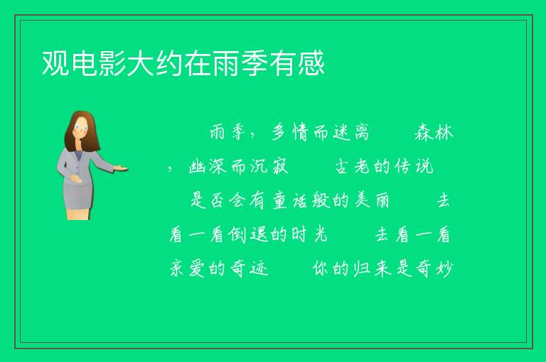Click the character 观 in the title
click(x=55, y=63)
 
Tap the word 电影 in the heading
click(x=99, y=63)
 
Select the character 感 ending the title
click(x=311, y=63)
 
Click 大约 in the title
click(x=155, y=63)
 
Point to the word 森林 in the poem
click(x=434, y=133)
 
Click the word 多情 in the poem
click(x=290, y=133)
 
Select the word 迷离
click(x=350, y=133)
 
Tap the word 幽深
click(x=208, y=166)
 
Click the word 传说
click(x=414, y=166)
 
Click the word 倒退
click(x=248, y=235)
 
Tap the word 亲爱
click(x=188, y=268)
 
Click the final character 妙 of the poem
click(x=444, y=268)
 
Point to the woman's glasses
click(x=81, y=128)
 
